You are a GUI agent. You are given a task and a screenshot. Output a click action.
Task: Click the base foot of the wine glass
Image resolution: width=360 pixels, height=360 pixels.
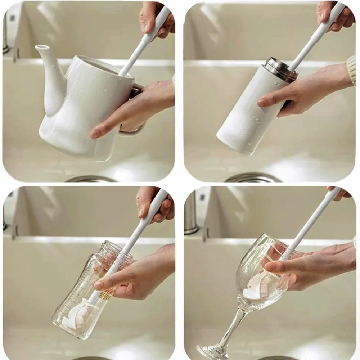pos(209,351)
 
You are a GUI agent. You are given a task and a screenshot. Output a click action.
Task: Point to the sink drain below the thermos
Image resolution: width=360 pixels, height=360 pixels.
pos(252,177)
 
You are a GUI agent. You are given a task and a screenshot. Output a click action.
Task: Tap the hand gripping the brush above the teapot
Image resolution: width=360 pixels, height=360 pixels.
pos(155,18)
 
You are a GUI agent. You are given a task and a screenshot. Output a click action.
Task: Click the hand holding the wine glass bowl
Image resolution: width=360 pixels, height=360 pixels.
pos(310,266)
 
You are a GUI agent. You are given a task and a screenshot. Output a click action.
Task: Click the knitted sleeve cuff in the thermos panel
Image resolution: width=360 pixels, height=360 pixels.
pos(351,68)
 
